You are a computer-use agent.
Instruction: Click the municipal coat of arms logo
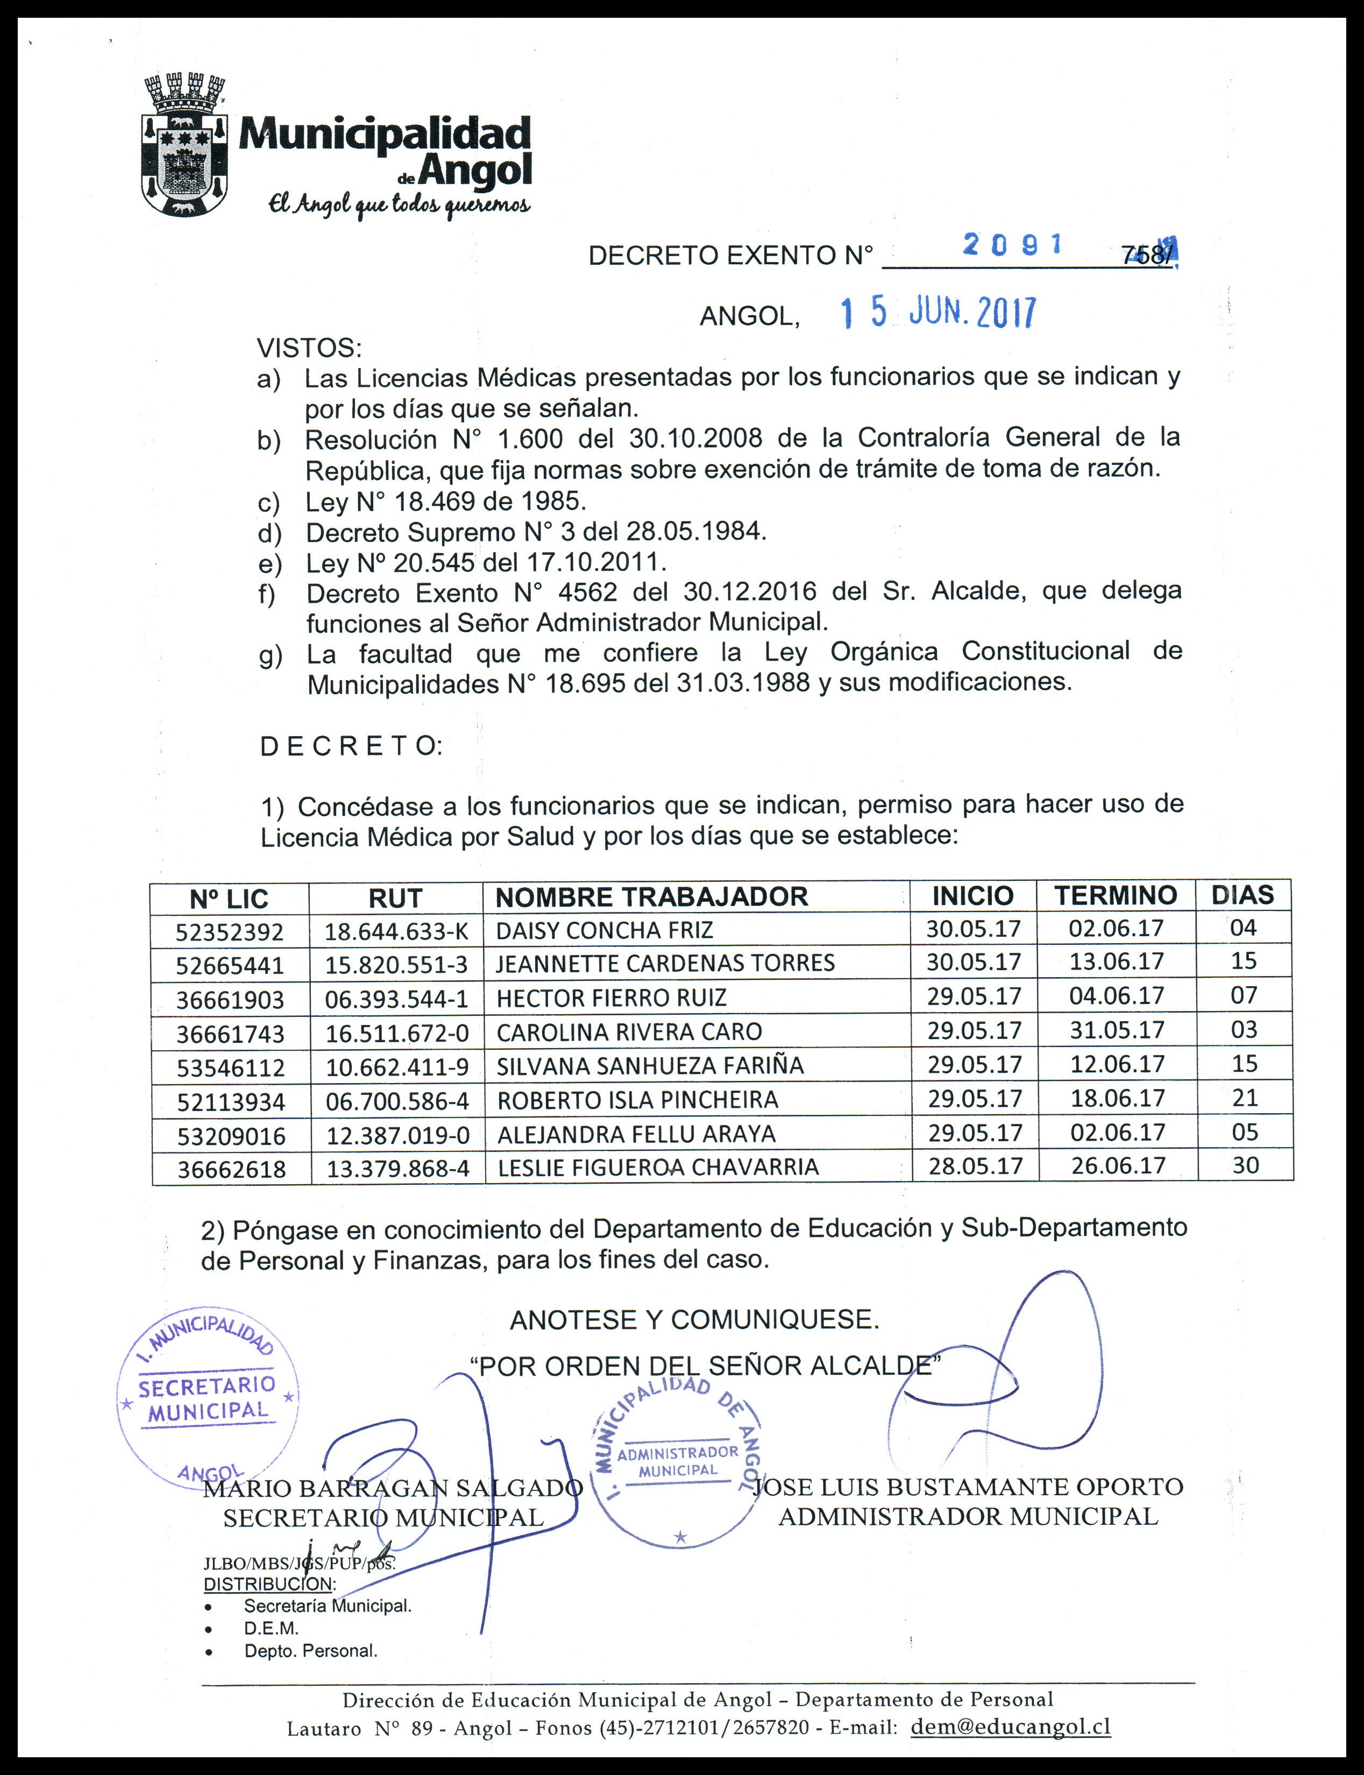coord(184,145)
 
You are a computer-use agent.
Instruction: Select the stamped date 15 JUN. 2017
coord(938,313)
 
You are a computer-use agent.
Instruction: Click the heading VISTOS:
coord(309,348)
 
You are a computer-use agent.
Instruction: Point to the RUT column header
coord(395,898)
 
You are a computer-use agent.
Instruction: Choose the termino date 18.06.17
coord(1117,1099)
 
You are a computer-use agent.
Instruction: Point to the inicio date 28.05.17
coord(975,1167)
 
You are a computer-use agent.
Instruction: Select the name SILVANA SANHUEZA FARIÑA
coord(650,1065)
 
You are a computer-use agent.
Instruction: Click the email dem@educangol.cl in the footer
coord(1010,1726)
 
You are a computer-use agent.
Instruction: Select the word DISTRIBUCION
coord(268,1583)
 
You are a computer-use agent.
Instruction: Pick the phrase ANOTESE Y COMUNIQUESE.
coord(694,1319)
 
